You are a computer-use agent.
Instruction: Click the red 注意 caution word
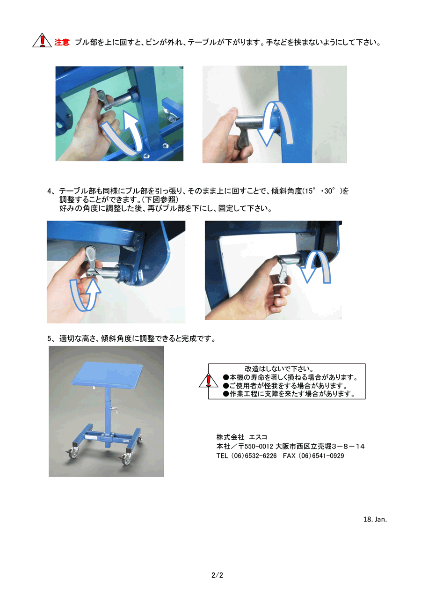point(62,42)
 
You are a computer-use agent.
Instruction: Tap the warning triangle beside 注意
point(42,40)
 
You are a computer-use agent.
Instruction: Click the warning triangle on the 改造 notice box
point(208,380)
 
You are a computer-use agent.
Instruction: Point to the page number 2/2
point(217,575)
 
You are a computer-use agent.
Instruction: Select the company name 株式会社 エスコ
point(241,437)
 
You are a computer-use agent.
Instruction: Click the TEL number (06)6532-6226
point(254,456)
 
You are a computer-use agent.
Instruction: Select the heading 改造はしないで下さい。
point(280,369)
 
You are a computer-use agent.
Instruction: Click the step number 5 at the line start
point(49,338)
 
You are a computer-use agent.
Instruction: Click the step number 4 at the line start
point(49,191)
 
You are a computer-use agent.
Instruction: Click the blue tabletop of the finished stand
point(107,375)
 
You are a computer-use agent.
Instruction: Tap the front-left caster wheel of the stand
point(73,454)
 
